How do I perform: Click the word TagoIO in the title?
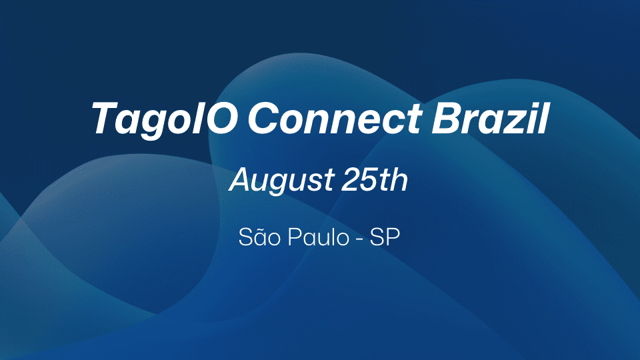(165, 119)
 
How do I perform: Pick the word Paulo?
(315, 238)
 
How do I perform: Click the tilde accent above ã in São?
(261, 227)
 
